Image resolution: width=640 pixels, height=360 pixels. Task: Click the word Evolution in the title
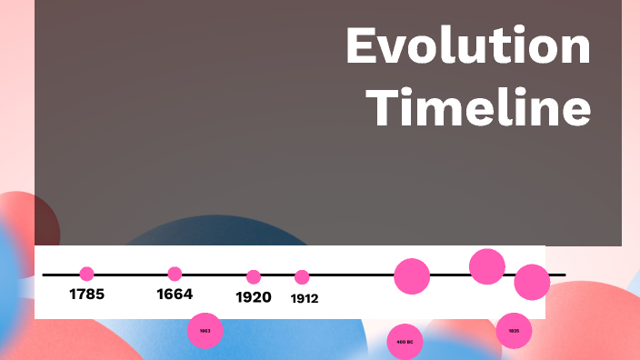tap(467, 47)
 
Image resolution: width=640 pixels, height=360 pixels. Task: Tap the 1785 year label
tap(87, 295)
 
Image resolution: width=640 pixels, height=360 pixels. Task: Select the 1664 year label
tap(175, 295)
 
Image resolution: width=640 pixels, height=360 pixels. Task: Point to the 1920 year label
tap(254, 297)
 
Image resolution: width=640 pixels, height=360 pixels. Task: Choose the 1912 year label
tap(305, 298)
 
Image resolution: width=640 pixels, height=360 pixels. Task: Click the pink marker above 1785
tap(87, 274)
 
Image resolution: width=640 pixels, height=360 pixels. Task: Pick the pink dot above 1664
tap(175, 274)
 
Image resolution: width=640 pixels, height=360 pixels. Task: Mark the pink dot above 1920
tap(254, 276)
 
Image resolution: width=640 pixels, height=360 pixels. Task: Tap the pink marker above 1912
tap(302, 277)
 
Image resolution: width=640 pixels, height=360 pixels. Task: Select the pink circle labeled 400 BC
tap(405, 342)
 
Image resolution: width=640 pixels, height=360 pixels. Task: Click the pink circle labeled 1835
tap(515, 331)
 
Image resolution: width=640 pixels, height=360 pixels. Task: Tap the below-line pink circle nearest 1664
tap(205, 331)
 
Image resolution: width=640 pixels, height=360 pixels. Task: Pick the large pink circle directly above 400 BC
tap(411, 275)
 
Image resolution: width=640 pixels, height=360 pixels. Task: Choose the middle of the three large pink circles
tap(487, 265)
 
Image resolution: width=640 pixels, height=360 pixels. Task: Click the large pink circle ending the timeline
tap(532, 282)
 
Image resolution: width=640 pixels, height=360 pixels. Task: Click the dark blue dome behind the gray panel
tap(209, 233)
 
